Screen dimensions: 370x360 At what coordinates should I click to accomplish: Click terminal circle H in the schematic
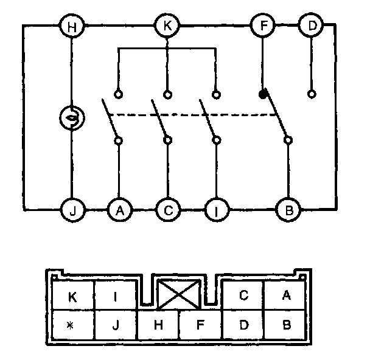[72, 26]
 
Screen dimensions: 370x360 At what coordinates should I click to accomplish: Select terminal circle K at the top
[167, 26]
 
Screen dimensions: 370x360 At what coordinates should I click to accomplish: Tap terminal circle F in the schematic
[262, 26]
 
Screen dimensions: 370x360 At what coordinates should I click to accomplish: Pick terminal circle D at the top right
[312, 26]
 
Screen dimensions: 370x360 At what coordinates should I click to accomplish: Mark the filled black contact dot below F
[262, 94]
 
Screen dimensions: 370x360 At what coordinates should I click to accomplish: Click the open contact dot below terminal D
[312, 94]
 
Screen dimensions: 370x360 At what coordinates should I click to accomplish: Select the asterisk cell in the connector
[72, 324]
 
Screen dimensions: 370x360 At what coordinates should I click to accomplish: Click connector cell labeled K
[72, 297]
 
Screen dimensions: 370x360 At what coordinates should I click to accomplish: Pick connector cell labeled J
[116, 324]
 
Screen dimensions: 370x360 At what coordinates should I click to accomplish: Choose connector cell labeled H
[158, 324]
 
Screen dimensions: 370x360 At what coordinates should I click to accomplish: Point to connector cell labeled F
[200, 324]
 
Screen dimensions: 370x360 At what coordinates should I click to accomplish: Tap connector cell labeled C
[243, 296]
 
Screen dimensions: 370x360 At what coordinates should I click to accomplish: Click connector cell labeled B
[287, 324]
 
